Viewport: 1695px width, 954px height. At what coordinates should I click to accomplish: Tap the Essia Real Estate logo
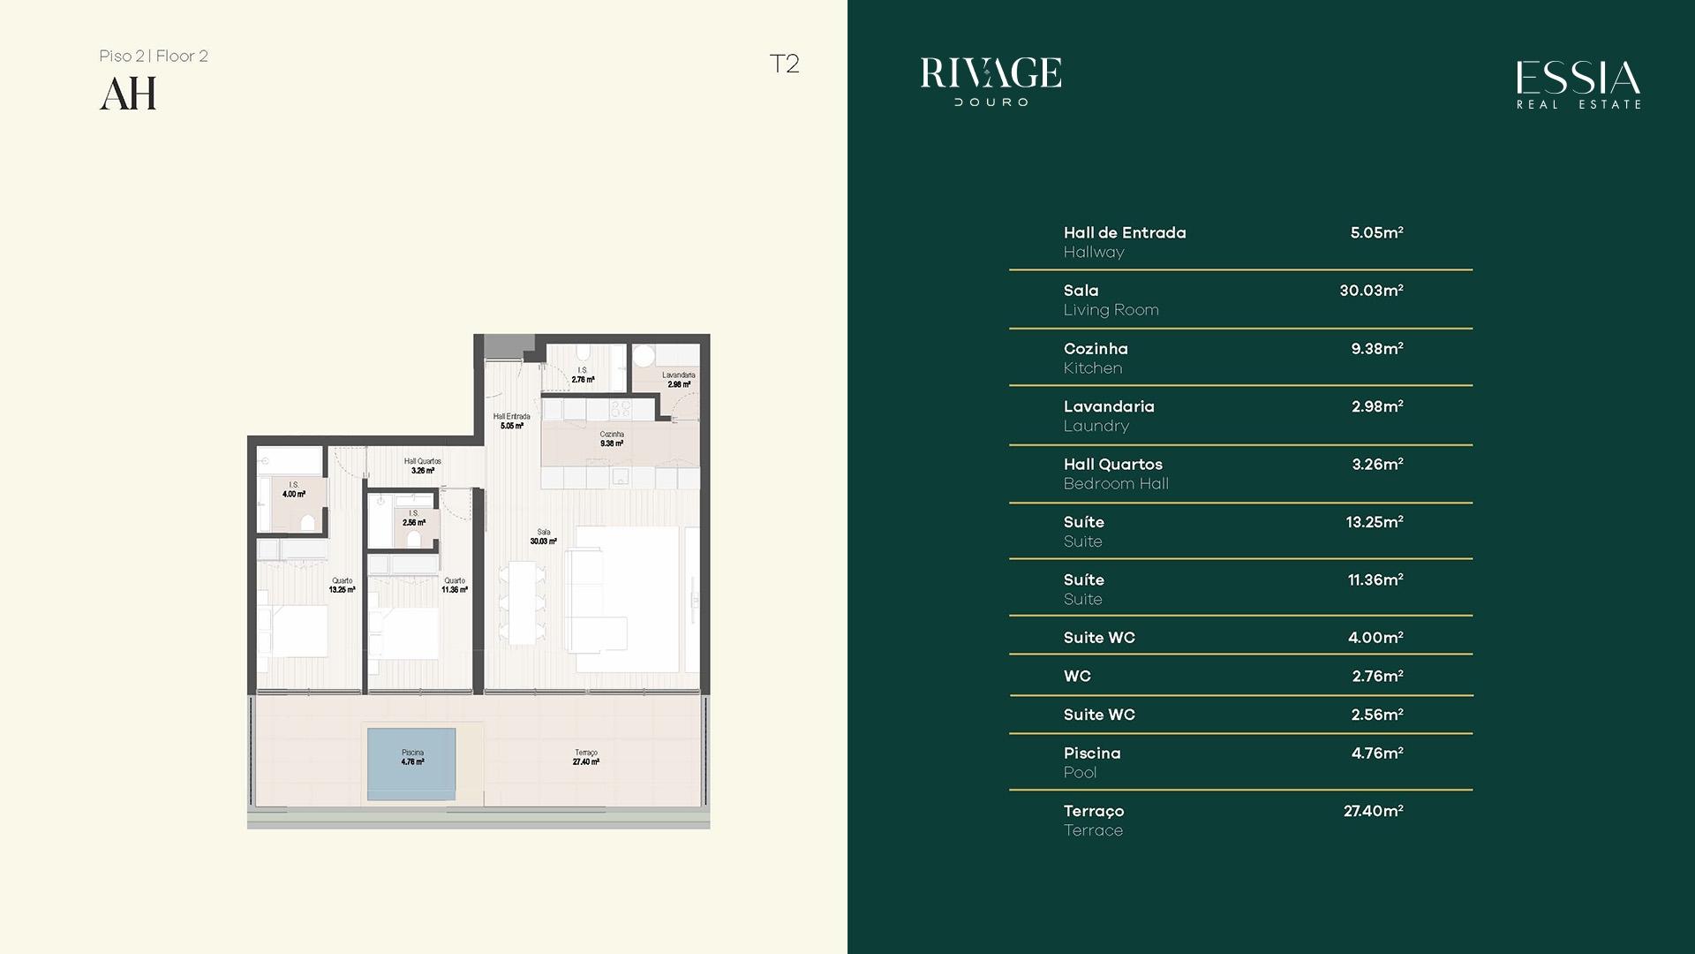[x=1578, y=85]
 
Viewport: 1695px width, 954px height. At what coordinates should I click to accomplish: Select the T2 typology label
[x=784, y=64]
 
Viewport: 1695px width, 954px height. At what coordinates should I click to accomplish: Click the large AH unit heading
[x=128, y=94]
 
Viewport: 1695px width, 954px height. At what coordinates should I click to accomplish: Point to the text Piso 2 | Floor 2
[x=154, y=56]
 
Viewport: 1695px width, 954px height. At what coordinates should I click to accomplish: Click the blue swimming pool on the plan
[x=411, y=764]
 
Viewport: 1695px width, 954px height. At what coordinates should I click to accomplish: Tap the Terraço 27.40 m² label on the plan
[x=586, y=757]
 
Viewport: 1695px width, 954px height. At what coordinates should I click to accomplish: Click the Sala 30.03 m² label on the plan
[x=543, y=537]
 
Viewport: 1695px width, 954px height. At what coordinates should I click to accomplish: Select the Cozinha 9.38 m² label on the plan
[x=612, y=438]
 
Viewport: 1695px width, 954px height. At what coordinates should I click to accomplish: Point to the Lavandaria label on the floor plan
[x=679, y=375]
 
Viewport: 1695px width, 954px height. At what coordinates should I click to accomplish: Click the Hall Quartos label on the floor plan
[x=423, y=461]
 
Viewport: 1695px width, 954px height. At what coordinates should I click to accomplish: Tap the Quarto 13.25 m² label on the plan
[x=342, y=585]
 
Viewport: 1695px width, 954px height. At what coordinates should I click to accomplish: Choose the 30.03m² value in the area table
[x=1371, y=291]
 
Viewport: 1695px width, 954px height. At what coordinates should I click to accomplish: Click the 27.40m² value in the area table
[x=1374, y=811]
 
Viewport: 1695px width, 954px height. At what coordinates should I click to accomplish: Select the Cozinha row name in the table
[x=1096, y=349]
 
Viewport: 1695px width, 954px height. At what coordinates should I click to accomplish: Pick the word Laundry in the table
[x=1096, y=426]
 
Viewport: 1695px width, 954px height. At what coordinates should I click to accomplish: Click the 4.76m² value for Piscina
[x=1377, y=753]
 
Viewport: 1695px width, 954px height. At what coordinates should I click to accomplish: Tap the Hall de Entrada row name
[x=1125, y=233]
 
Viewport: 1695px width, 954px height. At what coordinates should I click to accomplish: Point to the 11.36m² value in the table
[x=1375, y=580]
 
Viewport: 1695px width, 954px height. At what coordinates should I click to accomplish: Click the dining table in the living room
[x=521, y=603]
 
